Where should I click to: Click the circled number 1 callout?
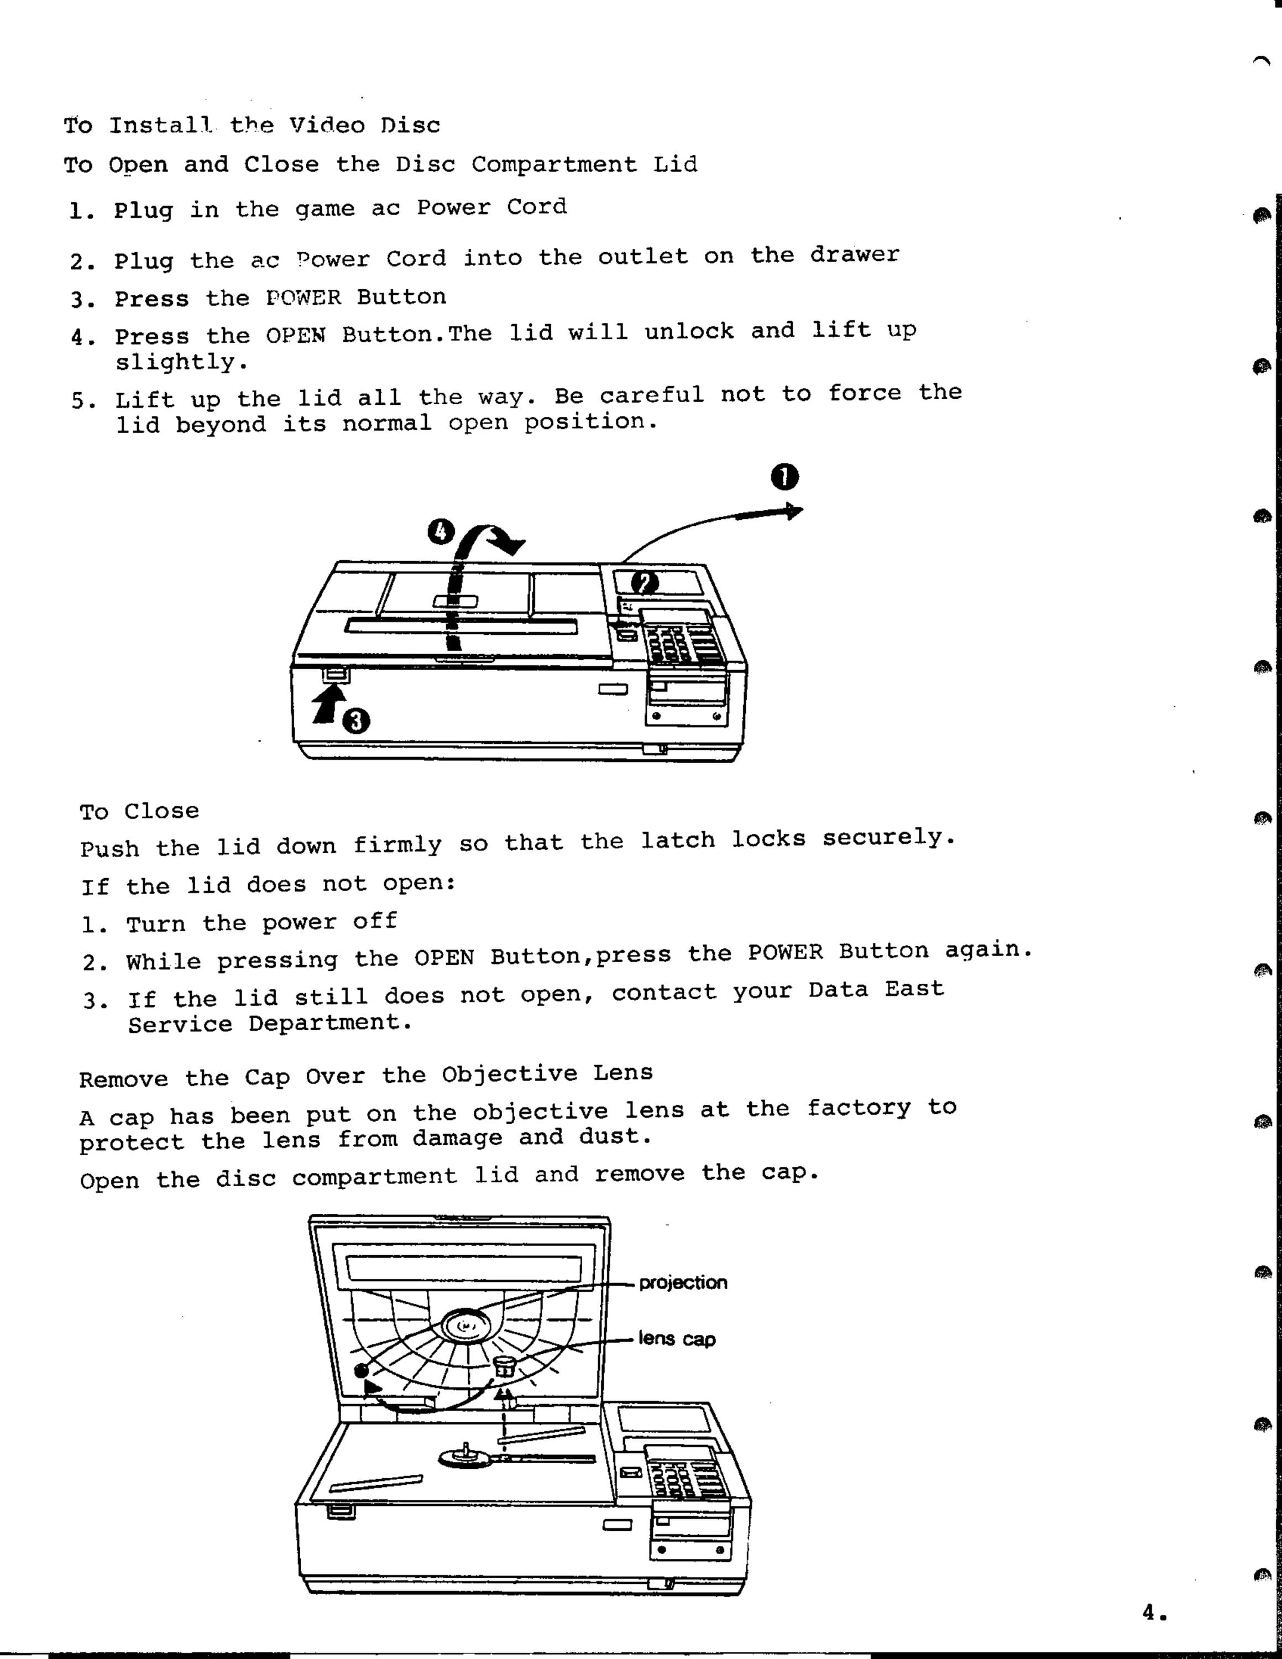(784, 478)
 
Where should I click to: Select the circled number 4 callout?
(439, 533)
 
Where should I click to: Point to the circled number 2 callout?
(646, 583)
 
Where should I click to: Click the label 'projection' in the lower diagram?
(683, 1283)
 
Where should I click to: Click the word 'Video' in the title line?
(327, 126)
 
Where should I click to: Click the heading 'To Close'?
(140, 811)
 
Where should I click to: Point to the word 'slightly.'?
(181, 363)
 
